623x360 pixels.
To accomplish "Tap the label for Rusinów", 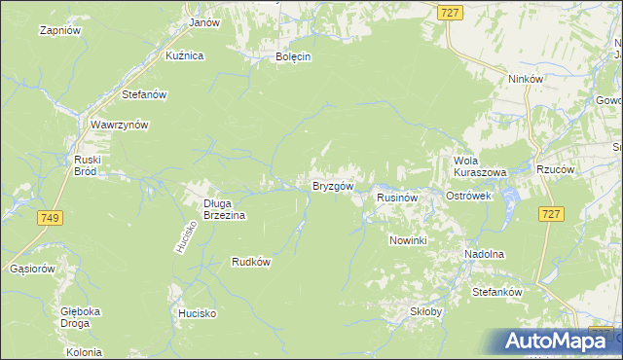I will point(397,197).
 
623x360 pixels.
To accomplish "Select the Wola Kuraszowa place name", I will point(480,165).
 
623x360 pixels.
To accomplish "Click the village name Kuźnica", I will point(184,55).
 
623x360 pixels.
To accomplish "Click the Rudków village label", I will point(250,262).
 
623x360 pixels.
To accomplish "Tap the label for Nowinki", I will point(408,240).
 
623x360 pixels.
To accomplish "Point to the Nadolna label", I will point(484,254).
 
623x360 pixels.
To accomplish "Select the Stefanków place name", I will point(497,292).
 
